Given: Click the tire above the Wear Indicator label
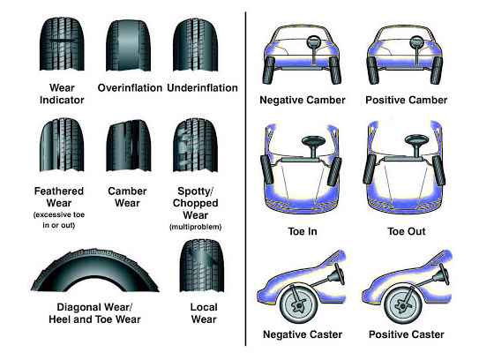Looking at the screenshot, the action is pos(62,44).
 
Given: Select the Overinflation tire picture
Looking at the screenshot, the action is pos(128,46).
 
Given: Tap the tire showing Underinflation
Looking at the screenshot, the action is pos(196,45).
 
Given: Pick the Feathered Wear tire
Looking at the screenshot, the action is pos(62,145).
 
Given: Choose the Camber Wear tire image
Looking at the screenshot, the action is pos(129,146).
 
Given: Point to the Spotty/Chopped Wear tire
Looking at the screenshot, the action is pos(196,146).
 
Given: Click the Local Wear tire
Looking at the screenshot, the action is pos(202,266).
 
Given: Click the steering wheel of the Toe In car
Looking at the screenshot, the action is pos(314,145).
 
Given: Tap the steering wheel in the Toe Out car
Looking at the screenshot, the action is pos(416,144).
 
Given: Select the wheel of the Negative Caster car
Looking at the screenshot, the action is pos(299,304).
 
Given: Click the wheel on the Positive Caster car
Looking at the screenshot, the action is pos(403,304).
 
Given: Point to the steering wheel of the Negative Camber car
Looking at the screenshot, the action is pos(314,42).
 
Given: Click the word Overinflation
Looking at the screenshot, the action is pos(130,88).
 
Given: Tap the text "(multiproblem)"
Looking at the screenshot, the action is pos(196,227).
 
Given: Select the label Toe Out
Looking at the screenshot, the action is pos(407,231).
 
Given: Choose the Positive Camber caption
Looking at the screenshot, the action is pos(407,100).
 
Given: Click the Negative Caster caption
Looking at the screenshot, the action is pos(303,334).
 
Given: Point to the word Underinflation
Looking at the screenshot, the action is pos(202,88).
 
